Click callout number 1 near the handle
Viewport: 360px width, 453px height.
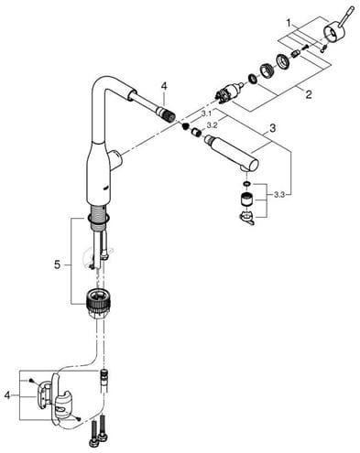[289, 23]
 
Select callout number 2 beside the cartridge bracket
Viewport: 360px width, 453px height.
[309, 94]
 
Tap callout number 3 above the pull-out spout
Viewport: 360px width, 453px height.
[273, 128]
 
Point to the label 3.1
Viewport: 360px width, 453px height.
[206, 114]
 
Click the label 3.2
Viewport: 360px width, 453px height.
[212, 125]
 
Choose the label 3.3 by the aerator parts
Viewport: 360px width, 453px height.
[279, 195]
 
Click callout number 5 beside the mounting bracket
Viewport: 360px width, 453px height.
[58, 264]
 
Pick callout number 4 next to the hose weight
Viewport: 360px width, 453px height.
[7, 395]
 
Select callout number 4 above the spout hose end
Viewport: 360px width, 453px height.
[164, 86]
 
